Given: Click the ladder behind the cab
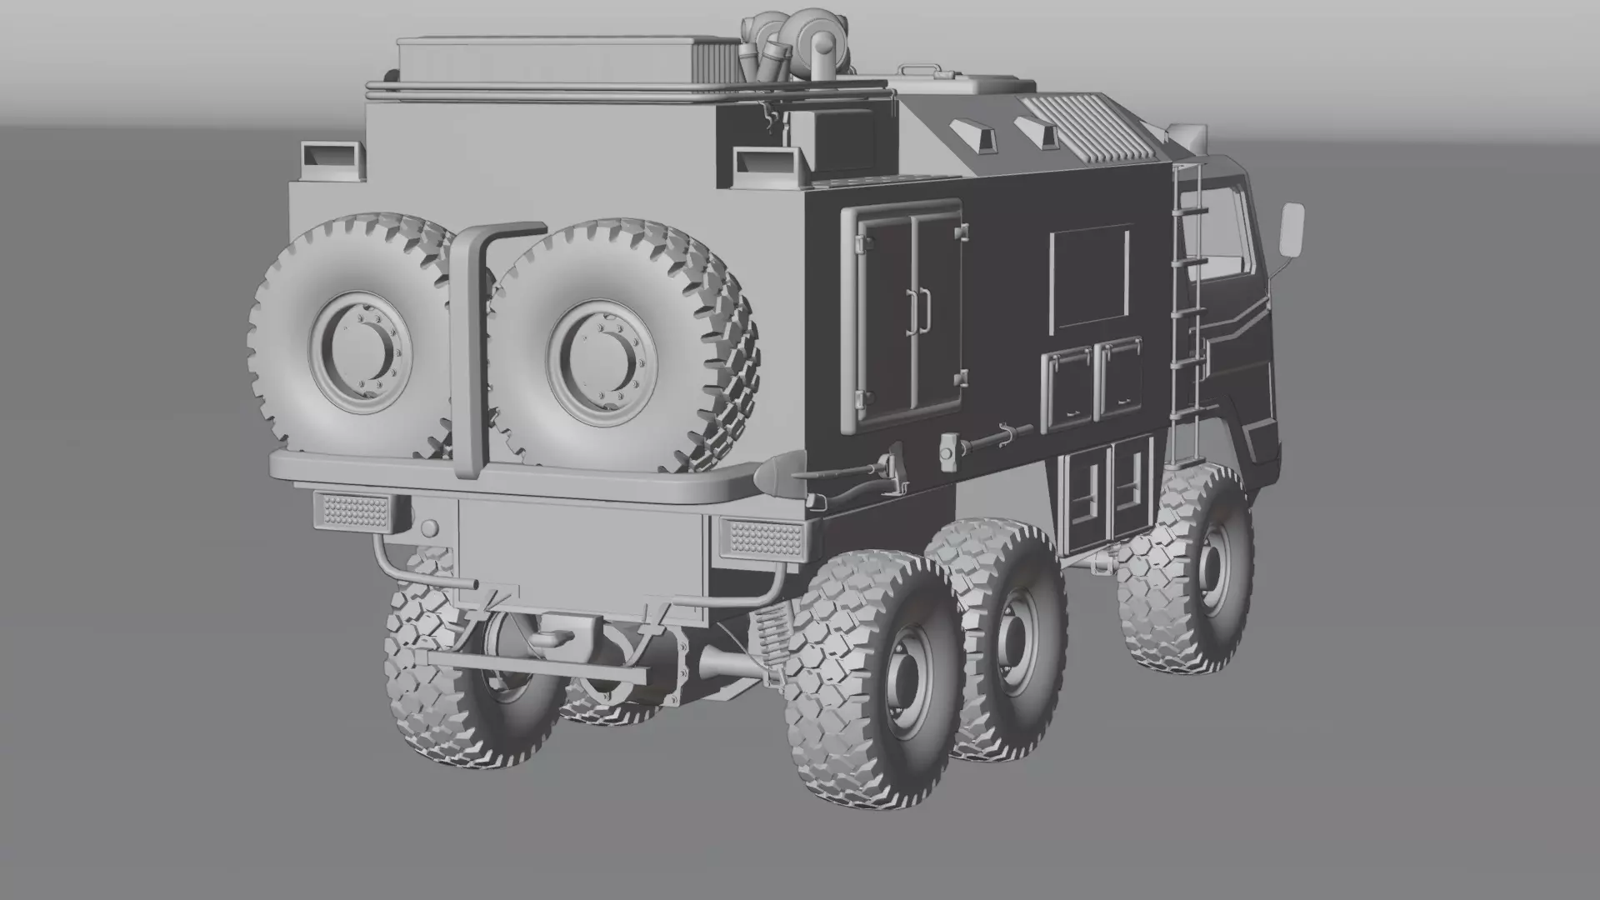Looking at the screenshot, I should [x=1187, y=317].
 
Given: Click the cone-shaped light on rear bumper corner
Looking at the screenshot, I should [x=770, y=476].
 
